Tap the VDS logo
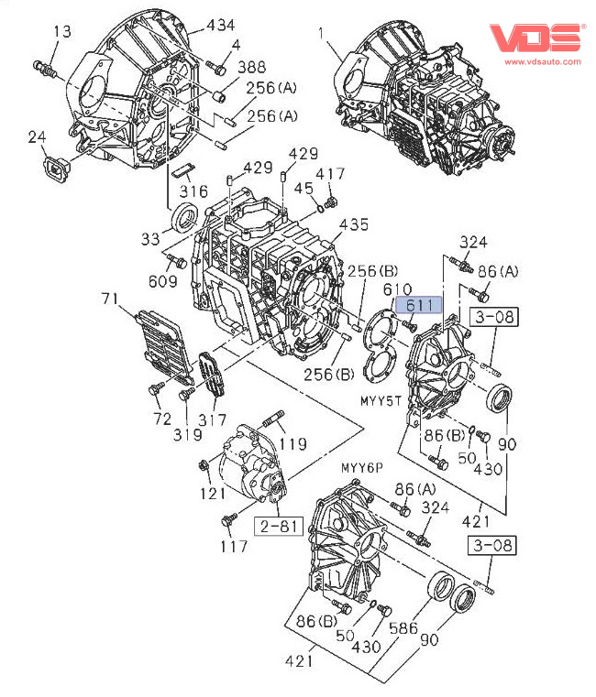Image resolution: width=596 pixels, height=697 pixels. (535, 38)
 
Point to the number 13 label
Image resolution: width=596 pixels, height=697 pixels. (61, 32)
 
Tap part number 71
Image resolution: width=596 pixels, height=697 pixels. (110, 299)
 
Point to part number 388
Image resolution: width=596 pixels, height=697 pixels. (253, 66)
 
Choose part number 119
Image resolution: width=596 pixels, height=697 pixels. (293, 446)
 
